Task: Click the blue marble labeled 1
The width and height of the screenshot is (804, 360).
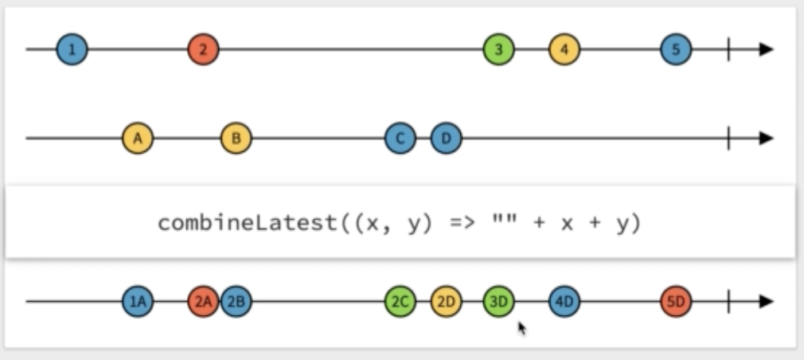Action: [72, 49]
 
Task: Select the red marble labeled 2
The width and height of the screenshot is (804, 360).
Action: [203, 49]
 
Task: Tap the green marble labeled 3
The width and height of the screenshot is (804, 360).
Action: [498, 49]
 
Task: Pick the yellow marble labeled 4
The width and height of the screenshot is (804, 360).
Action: [564, 49]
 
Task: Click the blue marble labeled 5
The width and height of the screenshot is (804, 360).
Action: [676, 49]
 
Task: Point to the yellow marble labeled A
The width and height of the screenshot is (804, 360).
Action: [138, 139]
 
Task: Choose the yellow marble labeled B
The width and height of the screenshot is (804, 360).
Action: [236, 139]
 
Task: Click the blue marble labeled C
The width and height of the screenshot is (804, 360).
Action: [400, 139]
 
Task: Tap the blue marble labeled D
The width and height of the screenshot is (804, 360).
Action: [447, 139]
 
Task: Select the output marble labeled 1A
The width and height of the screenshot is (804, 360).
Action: [138, 302]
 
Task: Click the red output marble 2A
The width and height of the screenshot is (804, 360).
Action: [203, 302]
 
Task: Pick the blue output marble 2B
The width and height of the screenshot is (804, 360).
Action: [236, 302]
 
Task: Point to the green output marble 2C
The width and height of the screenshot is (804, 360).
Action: [400, 302]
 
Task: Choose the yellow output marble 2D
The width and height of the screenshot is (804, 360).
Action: [447, 302]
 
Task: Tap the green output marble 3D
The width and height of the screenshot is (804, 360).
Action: [498, 302]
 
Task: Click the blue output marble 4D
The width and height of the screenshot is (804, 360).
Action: [564, 302]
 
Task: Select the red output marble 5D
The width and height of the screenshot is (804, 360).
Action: [676, 302]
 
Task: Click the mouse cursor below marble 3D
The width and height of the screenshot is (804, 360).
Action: [522, 327]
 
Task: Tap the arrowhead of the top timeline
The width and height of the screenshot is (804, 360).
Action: [766, 49]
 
